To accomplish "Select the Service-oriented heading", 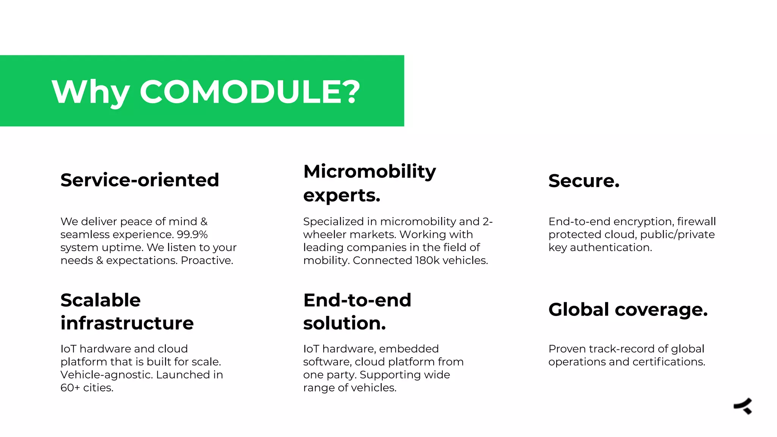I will point(140,180).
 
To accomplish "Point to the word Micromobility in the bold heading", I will point(370,171).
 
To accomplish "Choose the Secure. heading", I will point(584,181).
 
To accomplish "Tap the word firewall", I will point(697,222).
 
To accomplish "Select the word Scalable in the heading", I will point(101,300).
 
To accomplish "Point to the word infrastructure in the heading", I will point(127,323).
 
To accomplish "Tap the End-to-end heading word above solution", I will point(357,300).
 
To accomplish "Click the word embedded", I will point(409,349).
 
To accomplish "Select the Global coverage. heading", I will point(628,310).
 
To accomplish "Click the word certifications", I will point(668,362).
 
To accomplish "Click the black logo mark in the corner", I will point(743,406).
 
